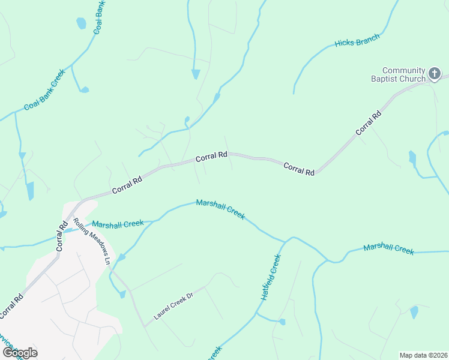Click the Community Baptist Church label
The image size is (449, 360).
404,74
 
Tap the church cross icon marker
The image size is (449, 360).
435,74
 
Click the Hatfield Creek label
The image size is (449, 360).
271,278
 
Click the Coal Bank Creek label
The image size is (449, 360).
44,91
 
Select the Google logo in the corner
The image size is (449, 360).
19,352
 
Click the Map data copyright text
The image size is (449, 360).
423,355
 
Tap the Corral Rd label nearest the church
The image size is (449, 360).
368,123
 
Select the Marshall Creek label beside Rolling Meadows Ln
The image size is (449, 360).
118,224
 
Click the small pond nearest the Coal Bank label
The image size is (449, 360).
81,23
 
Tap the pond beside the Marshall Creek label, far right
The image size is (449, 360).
414,312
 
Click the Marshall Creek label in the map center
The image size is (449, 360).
220,210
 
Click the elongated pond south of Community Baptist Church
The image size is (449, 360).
412,158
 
